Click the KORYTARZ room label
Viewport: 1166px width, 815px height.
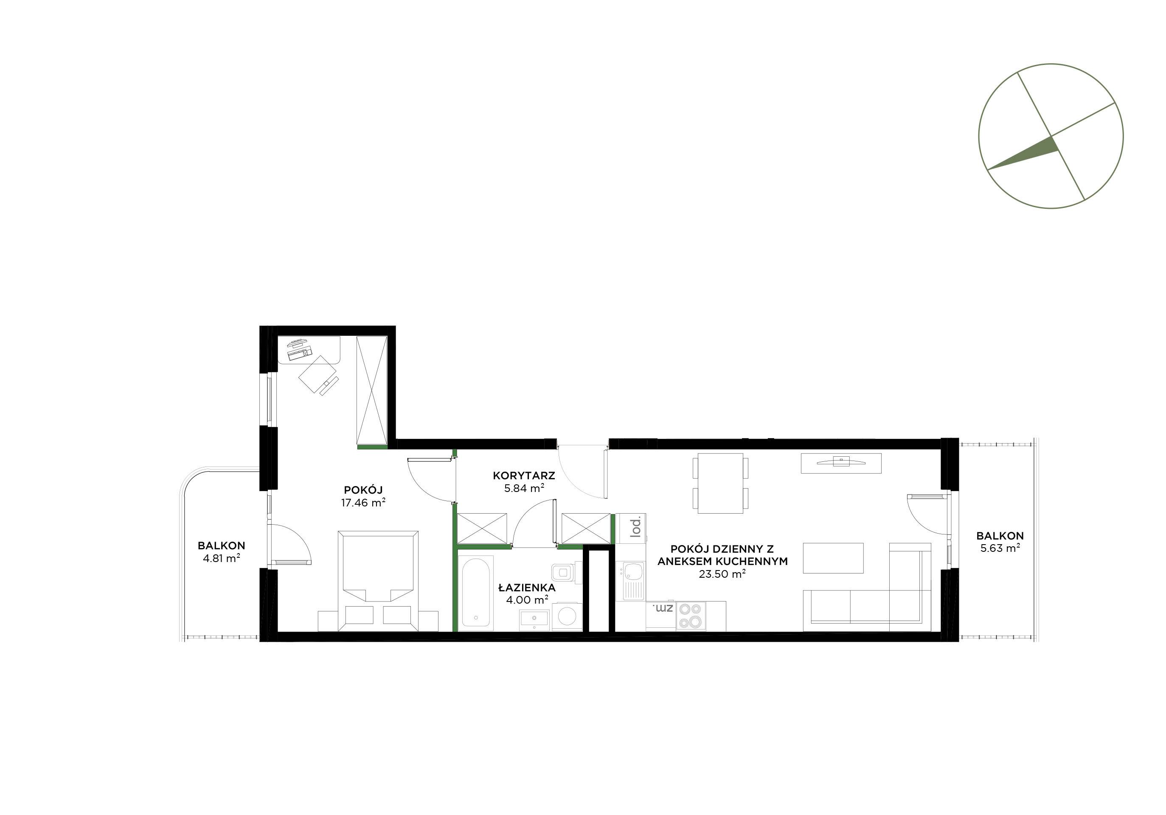point(524,476)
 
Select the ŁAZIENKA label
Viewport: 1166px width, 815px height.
point(527,587)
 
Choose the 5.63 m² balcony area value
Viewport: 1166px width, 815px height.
point(1000,548)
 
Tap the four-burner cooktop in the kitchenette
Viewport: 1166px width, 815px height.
point(690,616)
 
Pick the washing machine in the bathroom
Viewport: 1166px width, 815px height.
point(567,616)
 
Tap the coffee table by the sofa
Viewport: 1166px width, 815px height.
point(833,557)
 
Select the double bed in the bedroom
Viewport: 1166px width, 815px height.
point(378,581)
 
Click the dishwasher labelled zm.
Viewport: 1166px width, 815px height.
point(661,616)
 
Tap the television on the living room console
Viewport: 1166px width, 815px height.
point(841,461)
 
